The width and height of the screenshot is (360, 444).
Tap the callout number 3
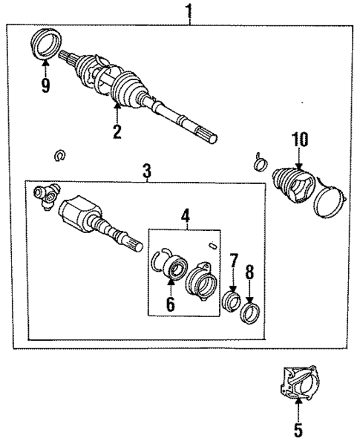tap(146, 172)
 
